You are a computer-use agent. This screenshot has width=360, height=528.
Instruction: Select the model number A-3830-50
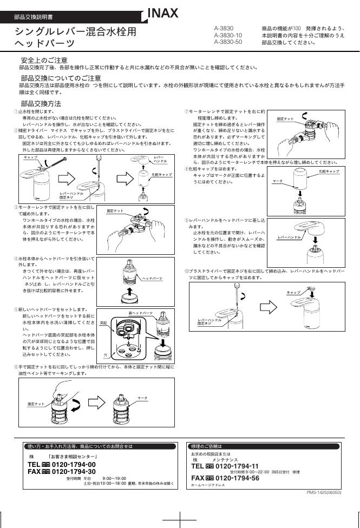(x=228, y=42)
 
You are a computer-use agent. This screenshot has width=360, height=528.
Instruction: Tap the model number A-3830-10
(x=228, y=35)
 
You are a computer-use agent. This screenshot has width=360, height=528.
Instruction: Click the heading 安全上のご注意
(x=44, y=60)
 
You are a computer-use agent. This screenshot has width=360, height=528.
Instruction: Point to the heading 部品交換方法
(x=41, y=103)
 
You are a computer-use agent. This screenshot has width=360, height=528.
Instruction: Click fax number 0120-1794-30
(x=74, y=471)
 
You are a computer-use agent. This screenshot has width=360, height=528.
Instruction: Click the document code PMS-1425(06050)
(x=324, y=492)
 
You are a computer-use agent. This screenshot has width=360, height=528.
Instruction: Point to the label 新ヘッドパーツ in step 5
(x=141, y=313)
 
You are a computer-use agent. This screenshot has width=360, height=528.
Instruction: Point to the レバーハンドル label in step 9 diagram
(x=290, y=237)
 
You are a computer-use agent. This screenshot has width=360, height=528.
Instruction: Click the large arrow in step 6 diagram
(x=98, y=403)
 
